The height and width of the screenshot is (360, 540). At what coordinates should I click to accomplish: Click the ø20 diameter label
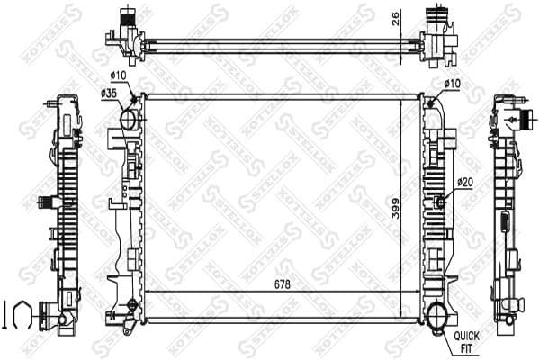464,183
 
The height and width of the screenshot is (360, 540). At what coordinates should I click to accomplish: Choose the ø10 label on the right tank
452,84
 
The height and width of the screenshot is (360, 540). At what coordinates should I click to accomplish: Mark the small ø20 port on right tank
441,200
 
